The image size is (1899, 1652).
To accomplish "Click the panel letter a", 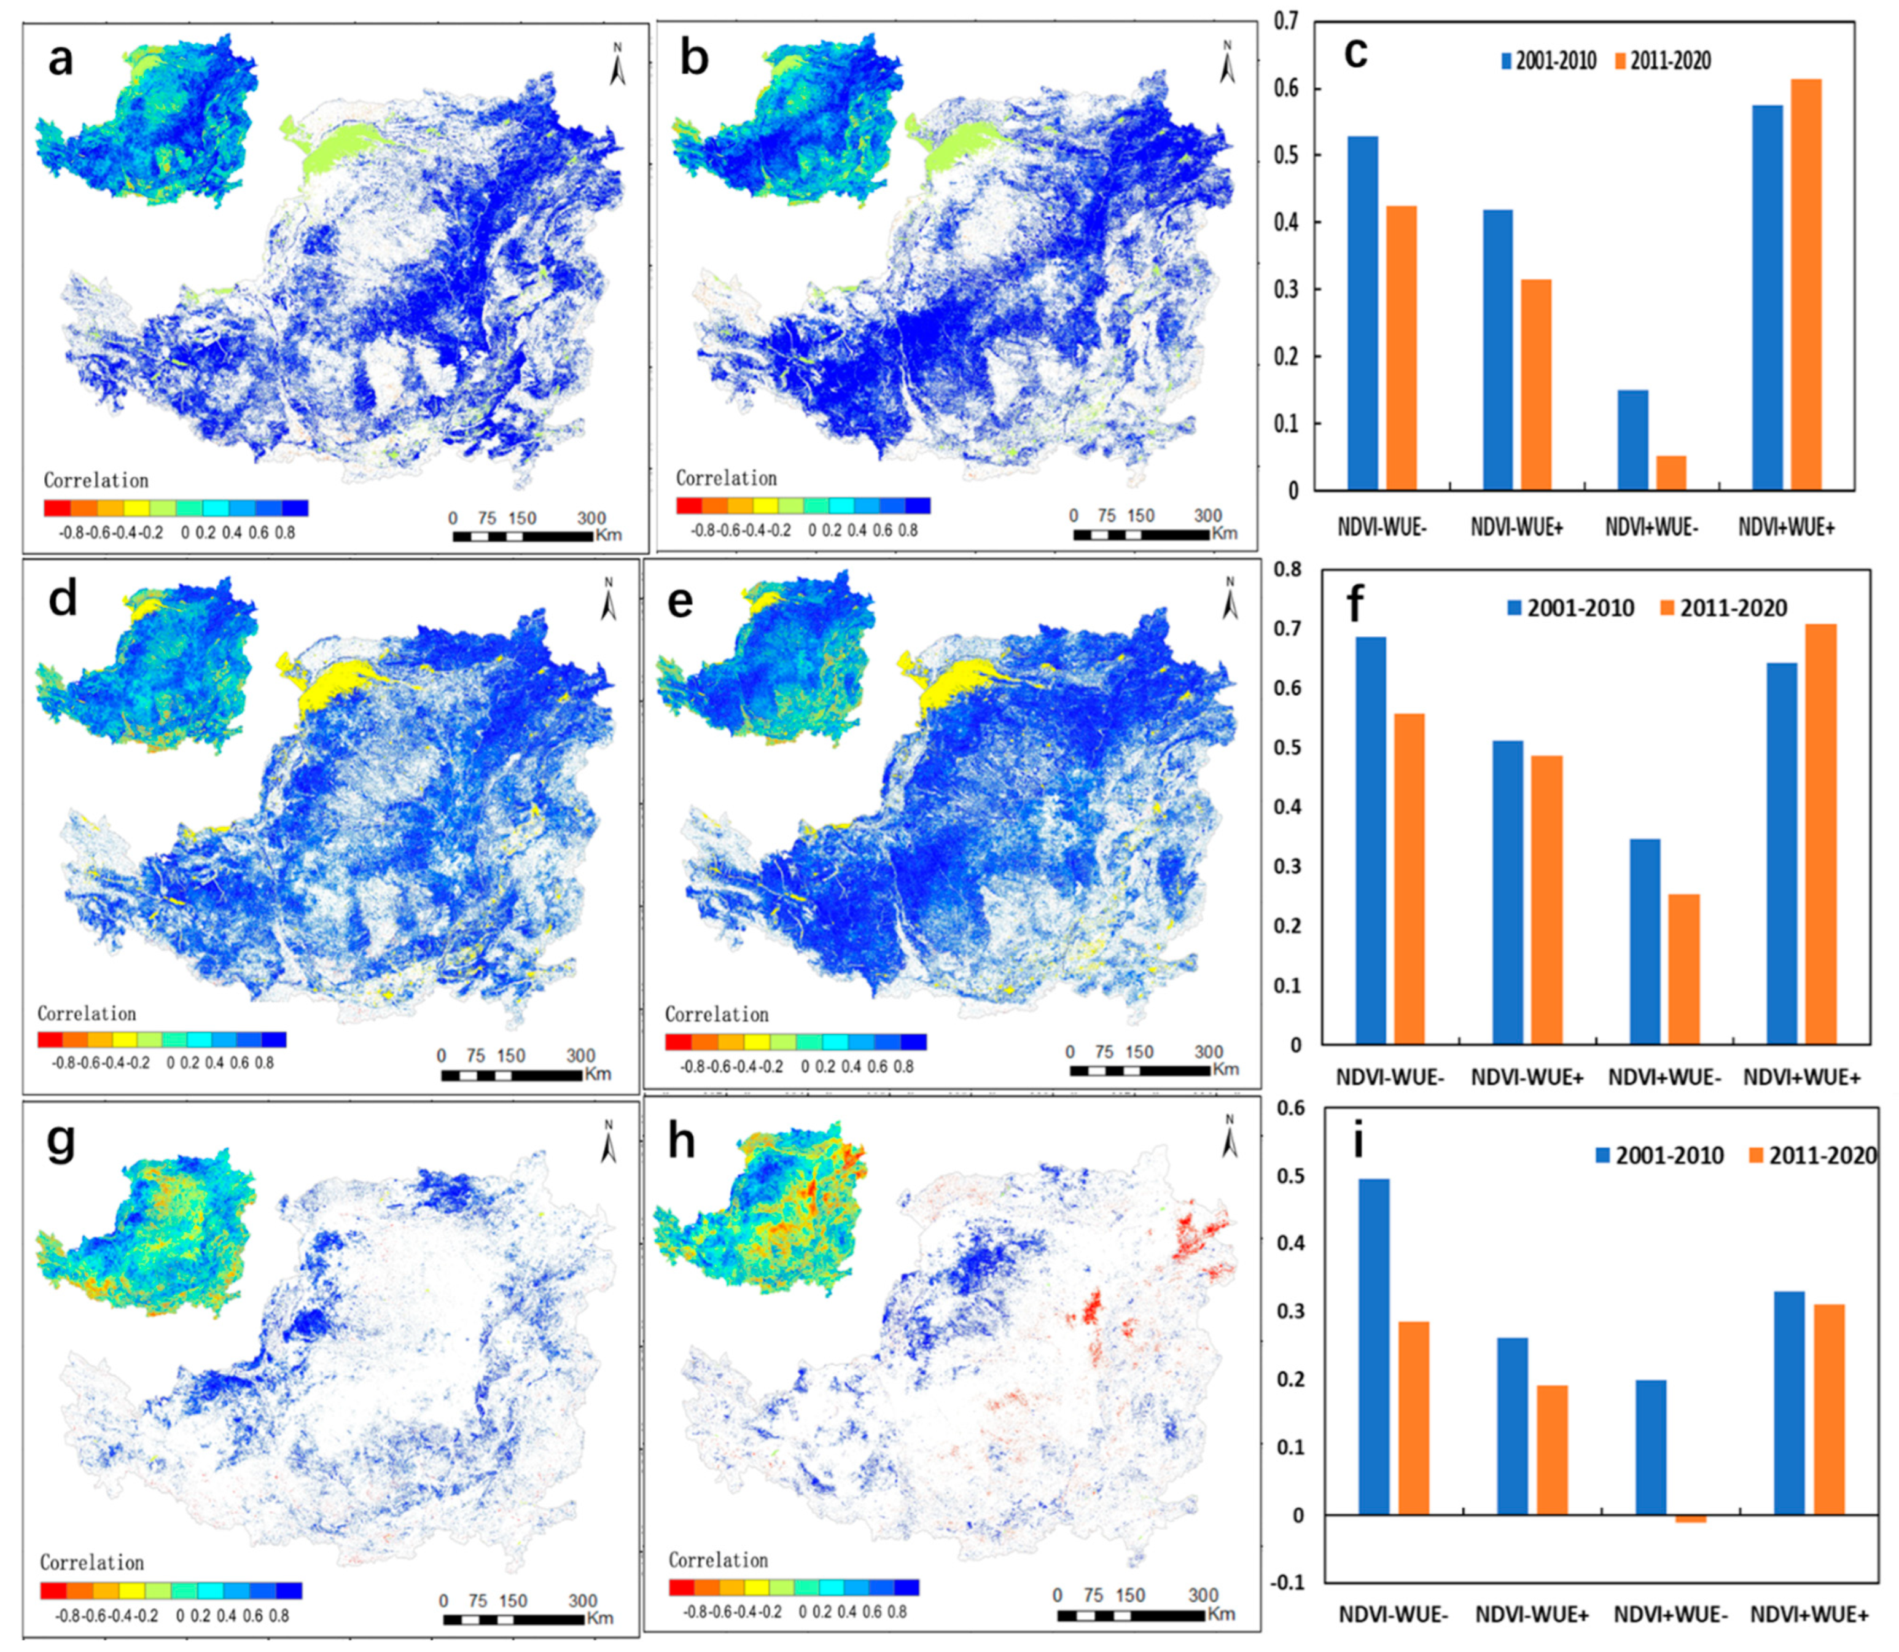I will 60,61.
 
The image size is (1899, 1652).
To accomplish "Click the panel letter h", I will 680,1143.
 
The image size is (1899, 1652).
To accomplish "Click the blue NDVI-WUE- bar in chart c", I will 1362,313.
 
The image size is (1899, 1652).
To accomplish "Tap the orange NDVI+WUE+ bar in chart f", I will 1820,835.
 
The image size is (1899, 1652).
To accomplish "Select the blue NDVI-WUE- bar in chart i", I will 1375,1347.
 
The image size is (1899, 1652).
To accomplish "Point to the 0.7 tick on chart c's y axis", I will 1286,20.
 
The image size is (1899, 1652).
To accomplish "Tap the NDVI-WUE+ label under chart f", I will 1527,1077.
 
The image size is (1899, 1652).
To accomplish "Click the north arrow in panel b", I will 1227,62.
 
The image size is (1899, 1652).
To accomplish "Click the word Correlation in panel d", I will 87,1014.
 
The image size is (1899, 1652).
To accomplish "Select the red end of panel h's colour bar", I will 681,1588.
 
